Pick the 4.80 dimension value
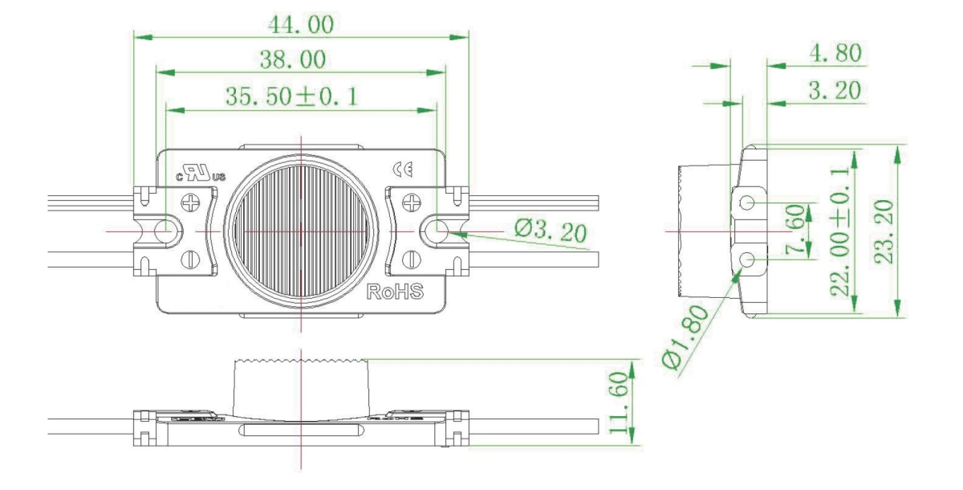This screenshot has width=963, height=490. click(x=835, y=54)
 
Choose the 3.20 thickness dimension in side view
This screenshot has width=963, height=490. click(x=835, y=92)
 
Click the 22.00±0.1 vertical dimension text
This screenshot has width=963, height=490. click(x=841, y=233)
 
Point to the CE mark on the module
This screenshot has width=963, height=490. click(x=403, y=169)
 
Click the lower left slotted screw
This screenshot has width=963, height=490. click(x=191, y=259)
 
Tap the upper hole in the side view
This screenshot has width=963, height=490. click(x=747, y=202)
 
